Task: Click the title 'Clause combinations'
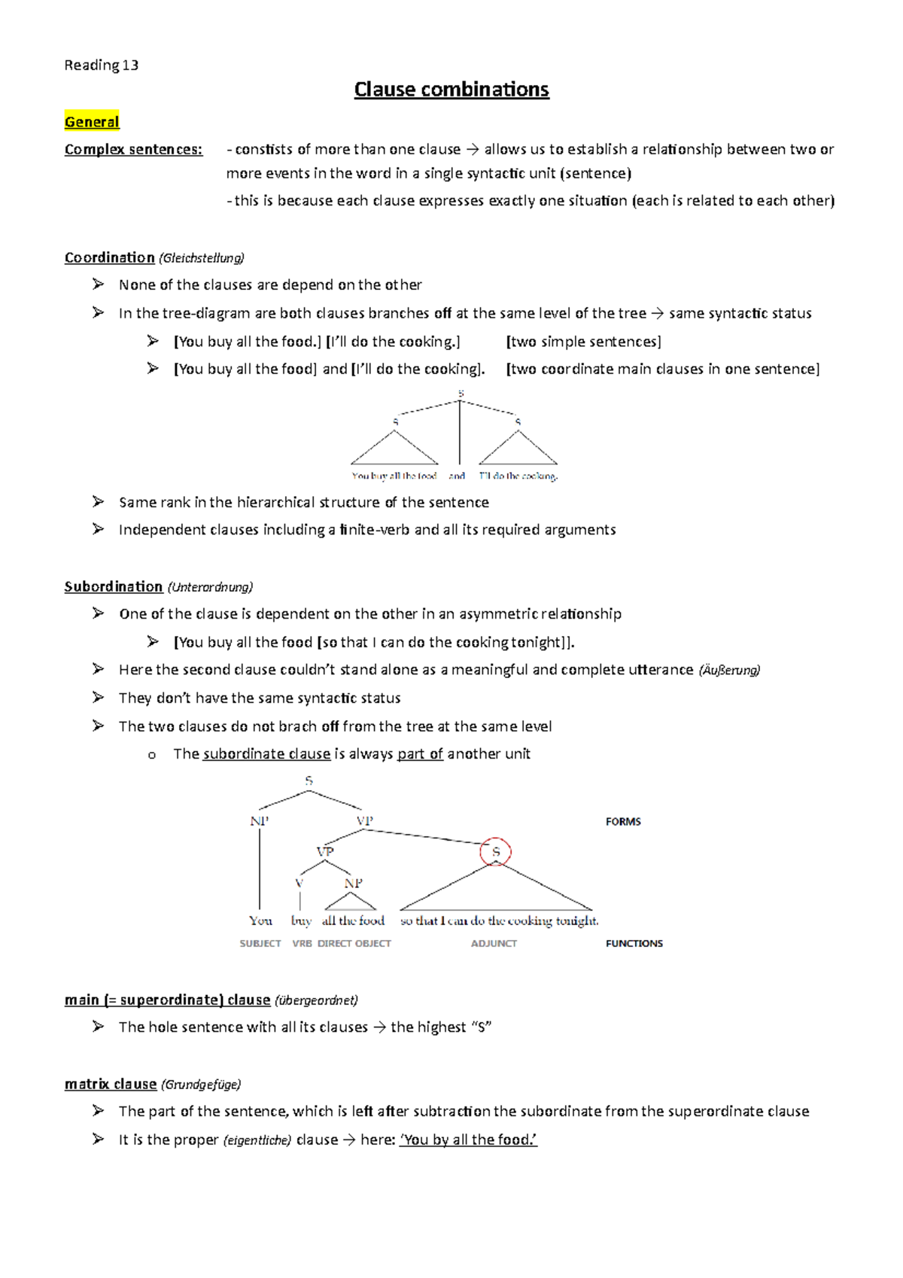tap(451, 90)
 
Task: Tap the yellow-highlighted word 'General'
tap(92, 122)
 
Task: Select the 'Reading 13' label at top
tap(102, 65)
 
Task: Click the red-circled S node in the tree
tap(496, 852)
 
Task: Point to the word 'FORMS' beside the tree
tap(623, 822)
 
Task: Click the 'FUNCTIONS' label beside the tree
tap(634, 944)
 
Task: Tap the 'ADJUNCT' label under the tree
tap(494, 944)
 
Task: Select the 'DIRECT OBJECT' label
tap(354, 944)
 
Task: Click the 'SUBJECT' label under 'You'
tap(260, 944)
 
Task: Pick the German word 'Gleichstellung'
tap(201, 258)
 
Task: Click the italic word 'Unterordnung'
tap(210, 587)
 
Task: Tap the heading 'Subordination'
tap(114, 586)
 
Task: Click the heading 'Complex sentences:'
tap(133, 149)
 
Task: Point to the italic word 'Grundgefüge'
tap(201, 1085)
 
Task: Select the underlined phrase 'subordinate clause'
tap(266, 754)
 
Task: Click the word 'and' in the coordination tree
tap(457, 476)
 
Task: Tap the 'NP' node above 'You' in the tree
tap(260, 821)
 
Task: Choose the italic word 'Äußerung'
tap(729, 670)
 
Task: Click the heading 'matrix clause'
tap(111, 1084)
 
